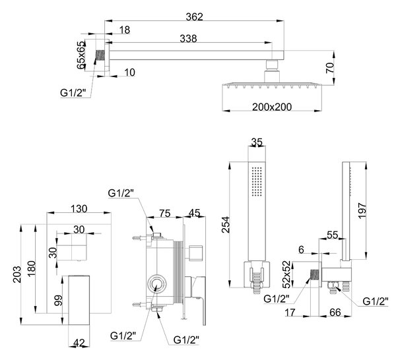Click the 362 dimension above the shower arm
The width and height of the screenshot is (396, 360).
point(194,17)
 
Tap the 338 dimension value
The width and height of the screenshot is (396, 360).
point(188,39)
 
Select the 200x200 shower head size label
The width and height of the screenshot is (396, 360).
point(272,107)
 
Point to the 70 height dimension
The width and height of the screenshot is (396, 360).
point(329,68)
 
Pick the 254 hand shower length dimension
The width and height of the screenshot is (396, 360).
point(225,225)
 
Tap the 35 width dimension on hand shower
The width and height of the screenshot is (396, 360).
point(257,142)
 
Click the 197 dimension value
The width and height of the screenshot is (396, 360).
point(362,210)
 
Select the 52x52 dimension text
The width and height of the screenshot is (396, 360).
point(287,275)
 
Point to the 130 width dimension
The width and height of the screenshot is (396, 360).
point(79,209)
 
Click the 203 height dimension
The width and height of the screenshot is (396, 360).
point(17,274)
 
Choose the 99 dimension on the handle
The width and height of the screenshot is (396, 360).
point(58,301)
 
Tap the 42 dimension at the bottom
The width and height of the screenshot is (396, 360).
point(79,343)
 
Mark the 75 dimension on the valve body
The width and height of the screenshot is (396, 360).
point(165,213)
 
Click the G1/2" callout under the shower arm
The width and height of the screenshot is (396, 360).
point(72,93)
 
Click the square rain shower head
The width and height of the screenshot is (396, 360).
point(273,85)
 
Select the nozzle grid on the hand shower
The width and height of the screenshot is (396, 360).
point(257,181)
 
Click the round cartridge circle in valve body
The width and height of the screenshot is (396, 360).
point(157,284)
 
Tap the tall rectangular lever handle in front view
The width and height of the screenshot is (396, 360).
point(79,300)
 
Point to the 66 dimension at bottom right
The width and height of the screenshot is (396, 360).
point(335,312)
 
